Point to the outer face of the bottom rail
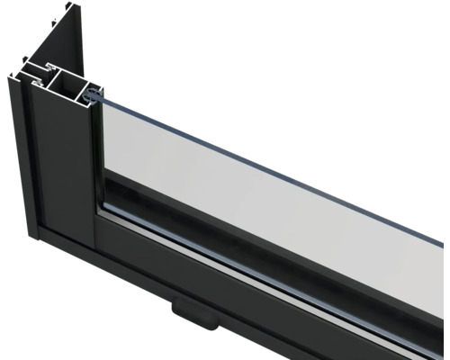click(270, 297)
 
